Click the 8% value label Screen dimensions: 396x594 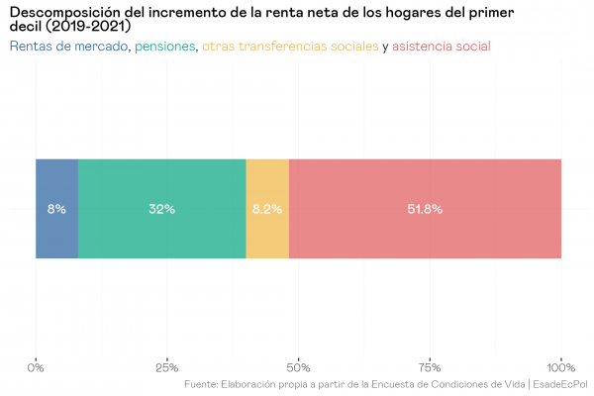(x=56, y=209)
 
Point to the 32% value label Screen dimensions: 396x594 (x=161, y=209)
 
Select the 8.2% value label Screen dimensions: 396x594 (x=267, y=209)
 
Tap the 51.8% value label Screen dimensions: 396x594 (x=425, y=209)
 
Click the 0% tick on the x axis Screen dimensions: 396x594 (x=36, y=367)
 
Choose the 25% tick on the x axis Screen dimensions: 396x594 (x=167, y=367)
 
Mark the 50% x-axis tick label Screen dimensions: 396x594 (x=298, y=367)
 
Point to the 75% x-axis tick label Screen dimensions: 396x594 (x=430, y=367)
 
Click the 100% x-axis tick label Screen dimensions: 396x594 (x=561, y=367)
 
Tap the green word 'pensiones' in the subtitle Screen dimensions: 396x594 (x=165, y=47)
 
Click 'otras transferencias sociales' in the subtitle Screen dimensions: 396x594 (x=290, y=47)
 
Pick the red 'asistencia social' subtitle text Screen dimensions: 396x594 (x=442, y=47)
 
